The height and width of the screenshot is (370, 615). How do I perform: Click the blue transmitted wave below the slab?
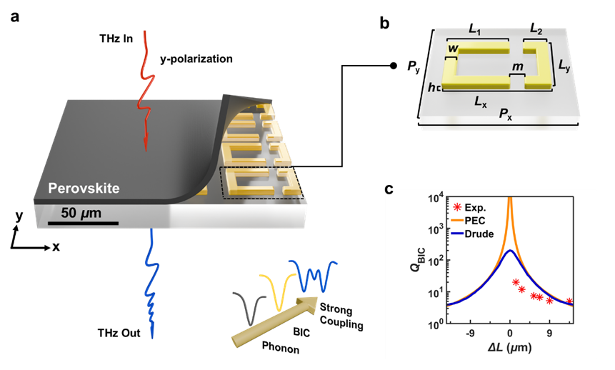152,286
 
